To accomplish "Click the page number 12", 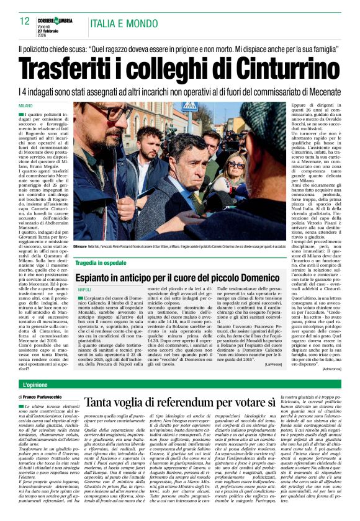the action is click(x=25, y=22).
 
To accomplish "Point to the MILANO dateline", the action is click(x=25, y=107).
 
